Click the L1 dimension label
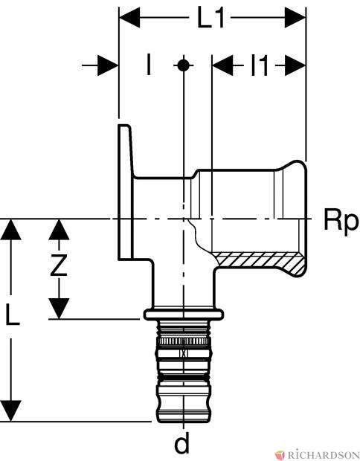pos(210,19)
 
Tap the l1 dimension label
pos(260,65)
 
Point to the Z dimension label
pos(59,265)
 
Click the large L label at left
pos(13,314)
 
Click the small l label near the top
pos(149,65)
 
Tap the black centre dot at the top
pos(183,65)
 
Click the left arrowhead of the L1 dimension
pos(129,18)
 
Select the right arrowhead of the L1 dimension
pos(295,18)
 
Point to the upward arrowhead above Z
pos(59,229)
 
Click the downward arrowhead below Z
pos(59,309)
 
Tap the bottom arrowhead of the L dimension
pos(11,410)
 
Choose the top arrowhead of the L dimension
pos(11,229)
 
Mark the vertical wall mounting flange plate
pos(125,193)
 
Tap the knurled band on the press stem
pos(183,341)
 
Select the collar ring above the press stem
pos(184,315)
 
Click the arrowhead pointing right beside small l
pos(108,65)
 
